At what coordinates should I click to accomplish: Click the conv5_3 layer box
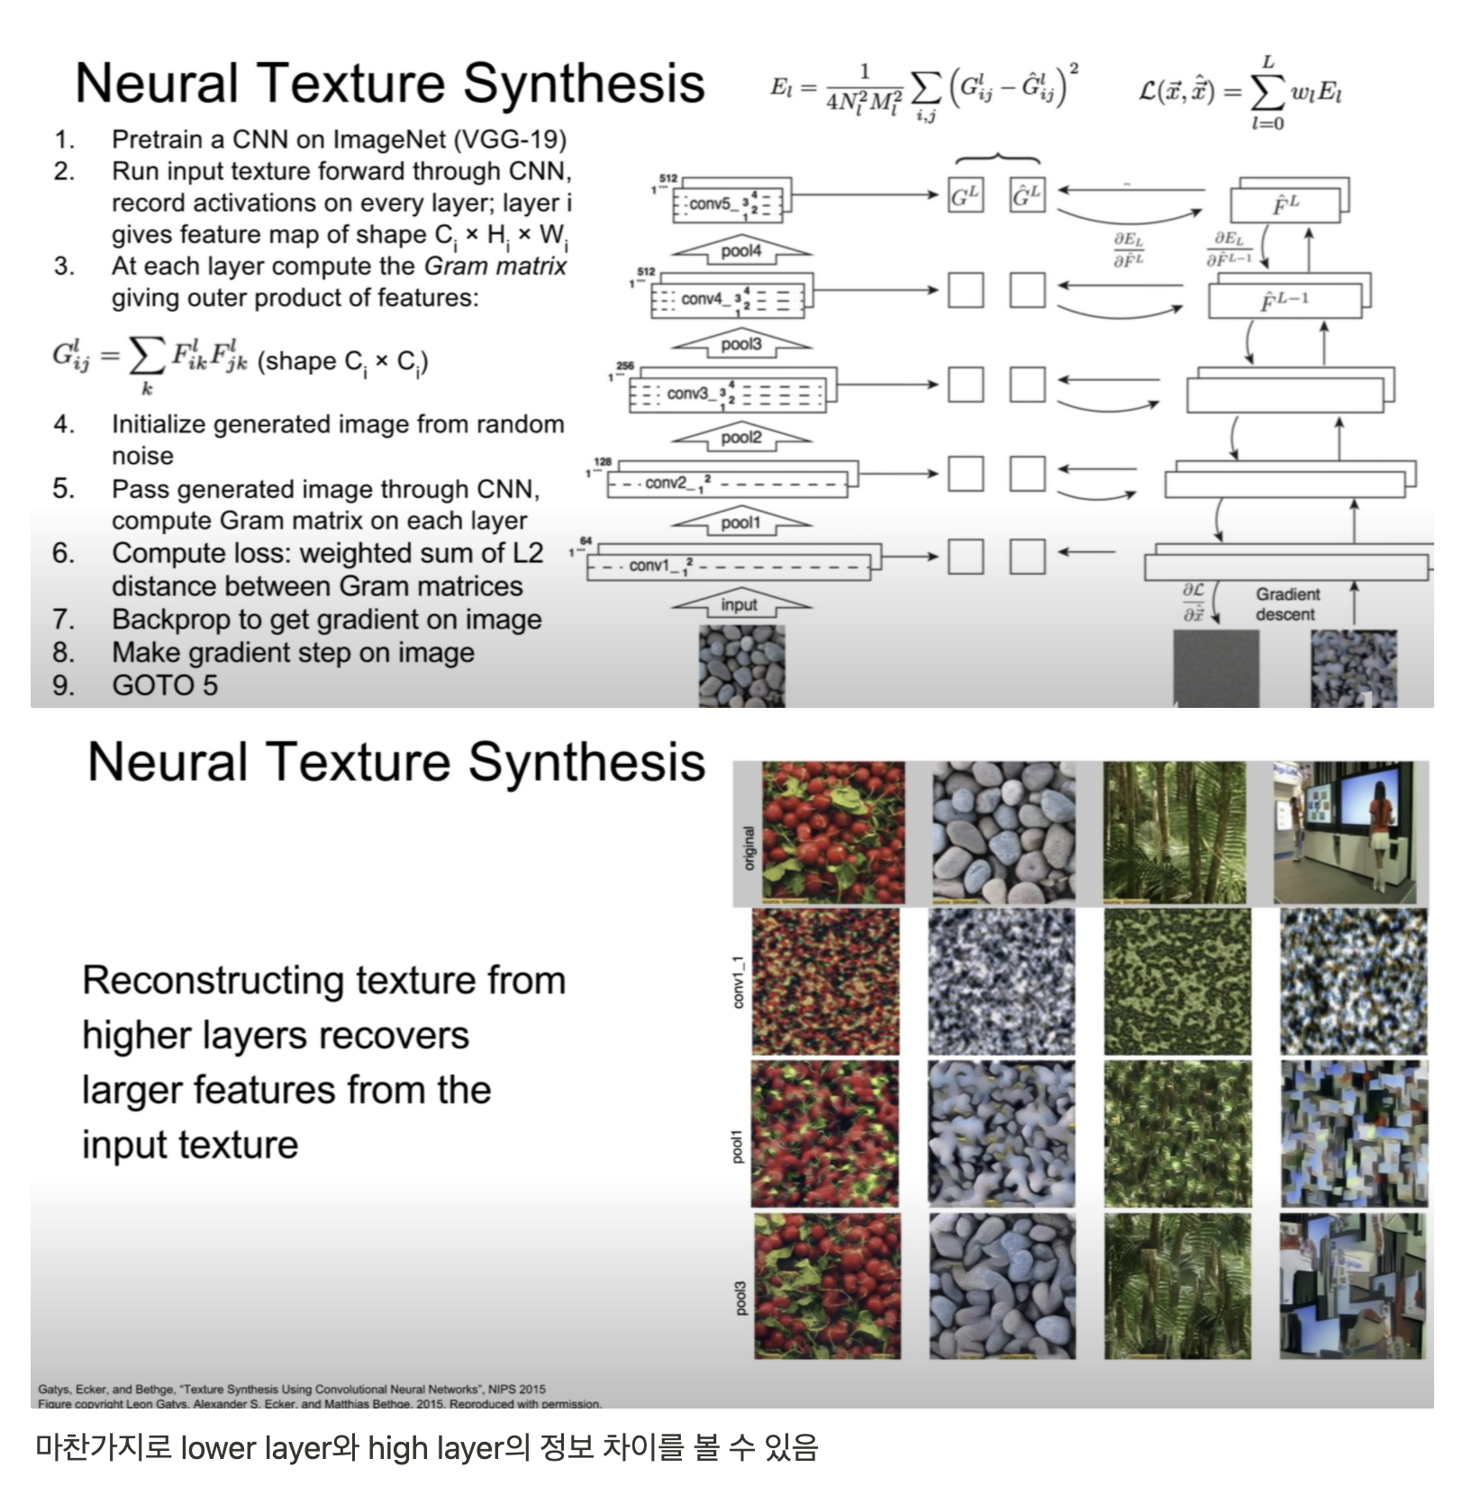pyautogui.click(x=729, y=204)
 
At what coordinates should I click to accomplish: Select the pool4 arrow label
pyautogui.click(x=741, y=251)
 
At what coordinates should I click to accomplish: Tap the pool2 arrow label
pyautogui.click(x=741, y=438)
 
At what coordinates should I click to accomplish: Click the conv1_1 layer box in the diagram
pyautogui.click(x=728, y=566)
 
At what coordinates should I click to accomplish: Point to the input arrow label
pyautogui.click(x=739, y=605)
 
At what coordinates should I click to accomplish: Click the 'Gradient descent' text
pyautogui.click(x=1286, y=604)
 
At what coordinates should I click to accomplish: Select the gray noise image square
pyautogui.click(x=1215, y=667)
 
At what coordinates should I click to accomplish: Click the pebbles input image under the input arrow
pyautogui.click(x=741, y=666)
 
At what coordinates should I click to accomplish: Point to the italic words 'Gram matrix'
pyautogui.click(x=495, y=267)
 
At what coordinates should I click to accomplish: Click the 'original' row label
pyautogui.click(x=748, y=847)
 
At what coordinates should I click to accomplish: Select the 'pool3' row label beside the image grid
pyautogui.click(x=741, y=1298)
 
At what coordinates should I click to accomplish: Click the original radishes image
pyautogui.click(x=832, y=831)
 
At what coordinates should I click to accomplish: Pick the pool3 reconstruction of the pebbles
pyautogui.click(x=1002, y=1286)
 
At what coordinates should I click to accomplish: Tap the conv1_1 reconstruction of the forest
pyautogui.click(x=1177, y=982)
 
